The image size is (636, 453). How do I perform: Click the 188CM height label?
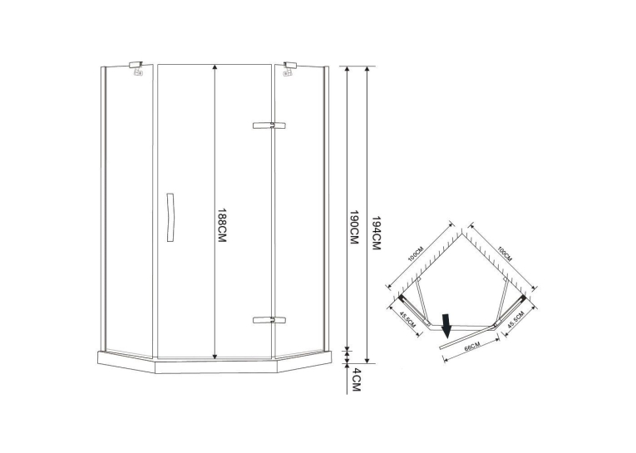tap(221, 225)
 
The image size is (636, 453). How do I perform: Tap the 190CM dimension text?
tap(354, 227)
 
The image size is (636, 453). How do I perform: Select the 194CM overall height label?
tap(375, 233)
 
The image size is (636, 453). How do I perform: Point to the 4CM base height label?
tap(355, 380)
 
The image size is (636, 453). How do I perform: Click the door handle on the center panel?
tap(170, 218)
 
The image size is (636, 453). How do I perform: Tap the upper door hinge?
tap(269, 126)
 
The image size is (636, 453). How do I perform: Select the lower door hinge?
tap(269, 320)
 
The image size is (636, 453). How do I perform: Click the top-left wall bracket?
tap(136, 68)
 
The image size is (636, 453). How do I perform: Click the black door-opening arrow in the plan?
tap(446, 326)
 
